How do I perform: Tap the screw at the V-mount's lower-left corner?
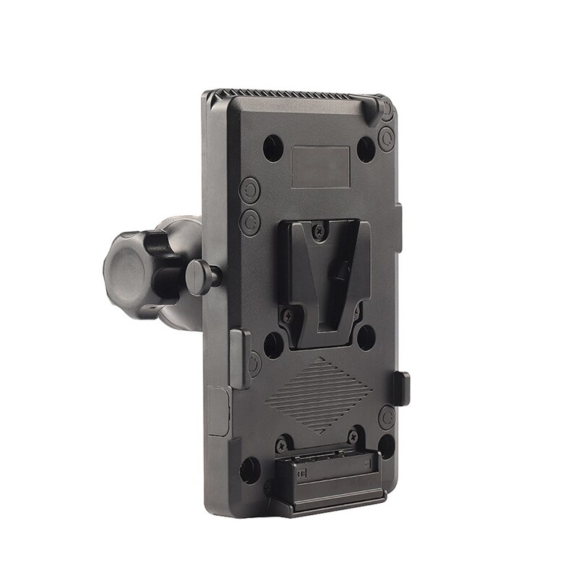pos(288,315)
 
